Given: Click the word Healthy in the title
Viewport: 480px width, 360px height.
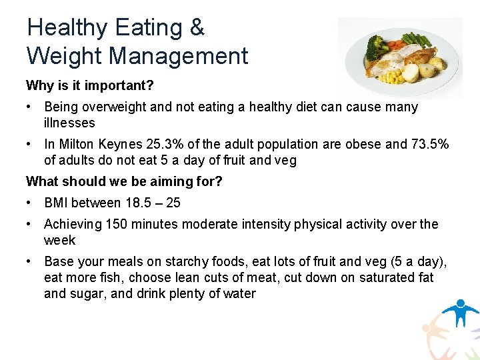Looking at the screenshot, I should point(67,28).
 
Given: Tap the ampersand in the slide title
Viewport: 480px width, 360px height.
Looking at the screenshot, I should point(197,28).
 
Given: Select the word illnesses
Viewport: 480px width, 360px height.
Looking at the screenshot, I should point(69,123).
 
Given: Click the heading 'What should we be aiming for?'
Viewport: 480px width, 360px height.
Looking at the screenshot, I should point(124,181).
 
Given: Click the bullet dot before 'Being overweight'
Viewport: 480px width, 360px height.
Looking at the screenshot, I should point(30,107).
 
